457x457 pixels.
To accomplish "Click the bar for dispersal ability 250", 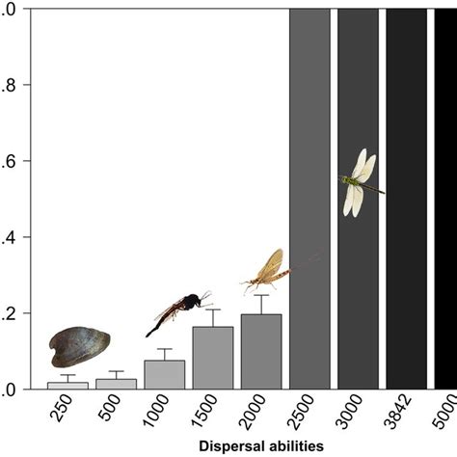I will click(x=67, y=385).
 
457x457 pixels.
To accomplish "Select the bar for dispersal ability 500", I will click(x=116, y=384).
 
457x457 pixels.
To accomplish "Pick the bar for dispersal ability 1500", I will click(x=212, y=358).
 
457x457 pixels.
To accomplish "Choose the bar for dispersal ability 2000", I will click(x=260, y=352).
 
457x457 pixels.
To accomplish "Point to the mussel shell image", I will click(x=79, y=346).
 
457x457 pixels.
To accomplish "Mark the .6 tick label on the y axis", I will click(x=7, y=161).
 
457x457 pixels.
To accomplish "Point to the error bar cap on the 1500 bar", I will click(x=212, y=309).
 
